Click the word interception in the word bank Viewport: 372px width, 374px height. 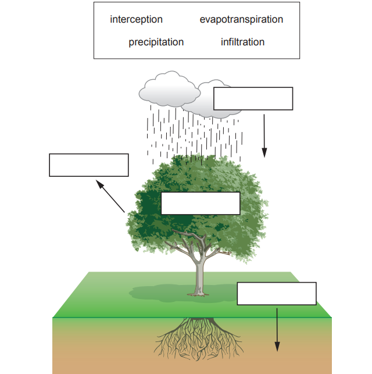pos(136,20)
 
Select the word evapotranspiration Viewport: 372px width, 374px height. pos(241,20)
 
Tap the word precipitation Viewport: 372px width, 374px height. pos(156,42)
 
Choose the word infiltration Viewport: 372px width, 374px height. pos(242,42)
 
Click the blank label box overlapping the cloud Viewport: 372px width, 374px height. pos(253,99)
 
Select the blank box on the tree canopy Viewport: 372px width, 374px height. pos(200,204)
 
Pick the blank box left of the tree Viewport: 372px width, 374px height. pos(88,165)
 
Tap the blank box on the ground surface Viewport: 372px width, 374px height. pos(277,294)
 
